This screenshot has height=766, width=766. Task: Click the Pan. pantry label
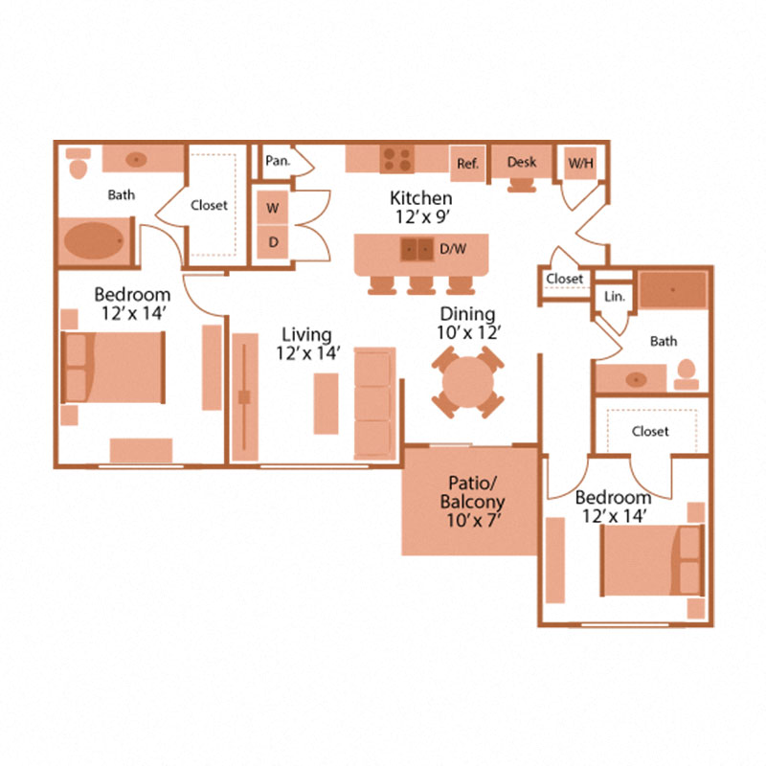(279, 161)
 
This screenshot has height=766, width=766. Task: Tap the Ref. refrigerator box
(467, 164)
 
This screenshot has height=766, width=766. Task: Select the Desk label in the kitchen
(522, 162)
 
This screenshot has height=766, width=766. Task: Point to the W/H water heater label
(580, 164)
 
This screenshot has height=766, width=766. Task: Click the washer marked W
(273, 207)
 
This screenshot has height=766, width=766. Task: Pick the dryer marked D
(273, 242)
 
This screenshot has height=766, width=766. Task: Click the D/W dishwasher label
(453, 250)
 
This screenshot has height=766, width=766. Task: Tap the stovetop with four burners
(396, 157)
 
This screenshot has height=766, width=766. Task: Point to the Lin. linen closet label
(614, 297)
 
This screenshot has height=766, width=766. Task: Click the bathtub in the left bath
(93, 241)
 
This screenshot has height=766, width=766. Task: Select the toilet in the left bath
(79, 164)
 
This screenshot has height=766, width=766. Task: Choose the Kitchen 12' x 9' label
(421, 207)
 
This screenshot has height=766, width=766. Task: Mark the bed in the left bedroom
(113, 368)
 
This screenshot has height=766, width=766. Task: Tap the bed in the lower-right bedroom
(651, 560)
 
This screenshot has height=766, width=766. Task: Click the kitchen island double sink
(417, 249)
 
